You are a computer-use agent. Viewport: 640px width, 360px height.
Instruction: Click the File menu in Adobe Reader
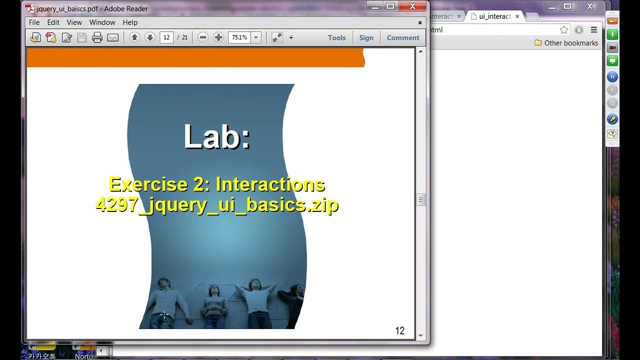tap(34, 22)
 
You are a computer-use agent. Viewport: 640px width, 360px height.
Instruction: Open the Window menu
tap(102, 22)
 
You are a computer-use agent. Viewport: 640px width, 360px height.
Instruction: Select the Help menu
tap(130, 22)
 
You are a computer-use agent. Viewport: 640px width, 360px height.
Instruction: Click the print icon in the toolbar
tap(97, 37)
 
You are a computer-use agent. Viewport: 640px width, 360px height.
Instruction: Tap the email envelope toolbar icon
tap(113, 37)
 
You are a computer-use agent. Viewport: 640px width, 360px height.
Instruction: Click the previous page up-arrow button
tap(134, 37)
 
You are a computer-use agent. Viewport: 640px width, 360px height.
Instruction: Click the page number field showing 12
tap(166, 37)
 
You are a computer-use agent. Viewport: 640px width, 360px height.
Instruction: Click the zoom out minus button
tap(202, 37)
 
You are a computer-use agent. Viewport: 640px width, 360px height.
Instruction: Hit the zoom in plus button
tap(218, 37)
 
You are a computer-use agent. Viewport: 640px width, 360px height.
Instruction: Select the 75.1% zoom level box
tap(239, 37)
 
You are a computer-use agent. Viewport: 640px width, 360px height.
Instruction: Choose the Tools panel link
tap(336, 37)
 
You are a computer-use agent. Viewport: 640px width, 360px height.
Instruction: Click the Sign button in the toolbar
tap(366, 37)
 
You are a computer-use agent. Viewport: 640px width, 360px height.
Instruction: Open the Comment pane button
tap(403, 37)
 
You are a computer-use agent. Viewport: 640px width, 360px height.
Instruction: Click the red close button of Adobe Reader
tap(412, 6)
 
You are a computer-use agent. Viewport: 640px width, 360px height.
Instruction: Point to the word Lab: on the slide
tap(216, 136)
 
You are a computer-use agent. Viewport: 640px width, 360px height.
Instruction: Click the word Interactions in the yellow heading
tap(270, 184)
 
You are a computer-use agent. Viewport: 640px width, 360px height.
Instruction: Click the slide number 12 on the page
tap(399, 330)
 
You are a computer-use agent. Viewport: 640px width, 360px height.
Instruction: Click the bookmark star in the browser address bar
tap(564, 30)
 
